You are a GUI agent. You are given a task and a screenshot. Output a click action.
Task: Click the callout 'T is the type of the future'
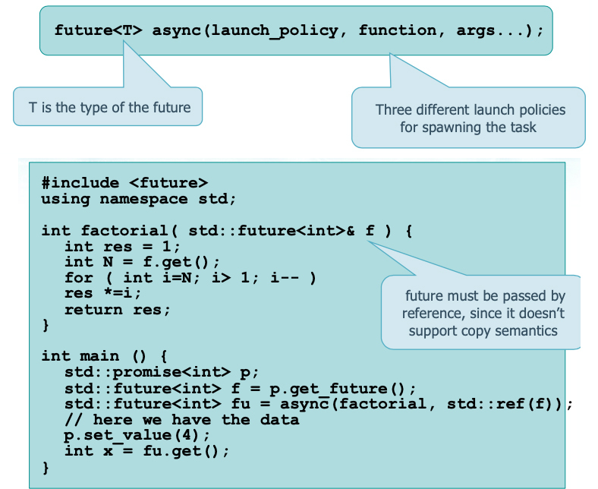109,107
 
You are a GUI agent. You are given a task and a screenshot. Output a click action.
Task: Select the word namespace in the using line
144,200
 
